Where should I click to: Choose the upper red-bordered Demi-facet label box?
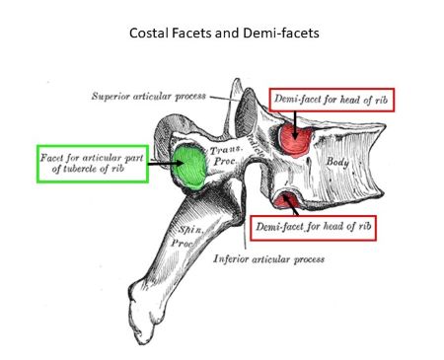click(x=321, y=100)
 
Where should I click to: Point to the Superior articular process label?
click(x=148, y=97)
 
